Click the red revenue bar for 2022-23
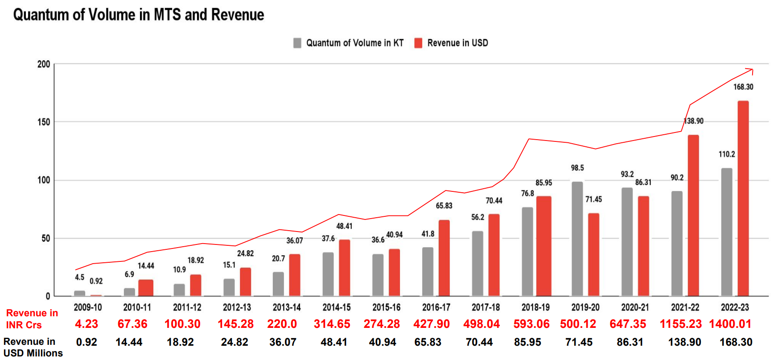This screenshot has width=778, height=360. [743, 199]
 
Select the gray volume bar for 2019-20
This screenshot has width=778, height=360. [577, 239]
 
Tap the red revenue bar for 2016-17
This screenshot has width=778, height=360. [444, 258]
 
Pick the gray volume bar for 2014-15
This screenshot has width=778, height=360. [328, 274]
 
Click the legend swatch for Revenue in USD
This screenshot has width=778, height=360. [418, 43]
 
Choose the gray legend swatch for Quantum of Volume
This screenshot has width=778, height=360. [297, 43]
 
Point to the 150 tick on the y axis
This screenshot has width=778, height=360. [44, 122]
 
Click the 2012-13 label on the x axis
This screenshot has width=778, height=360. [237, 307]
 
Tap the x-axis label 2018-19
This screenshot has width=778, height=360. [535, 307]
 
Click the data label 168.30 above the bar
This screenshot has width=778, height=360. [743, 87]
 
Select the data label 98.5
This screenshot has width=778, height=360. [577, 168]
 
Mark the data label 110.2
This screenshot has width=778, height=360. [727, 154]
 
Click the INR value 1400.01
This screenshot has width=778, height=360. [730, 324]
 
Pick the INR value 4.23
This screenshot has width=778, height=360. [86, 324]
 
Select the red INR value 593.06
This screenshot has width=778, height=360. [531, 324]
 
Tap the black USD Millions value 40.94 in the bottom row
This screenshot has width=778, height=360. [383, 342]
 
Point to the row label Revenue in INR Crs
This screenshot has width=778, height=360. [32, 319]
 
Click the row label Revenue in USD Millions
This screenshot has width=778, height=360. [33, 347]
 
